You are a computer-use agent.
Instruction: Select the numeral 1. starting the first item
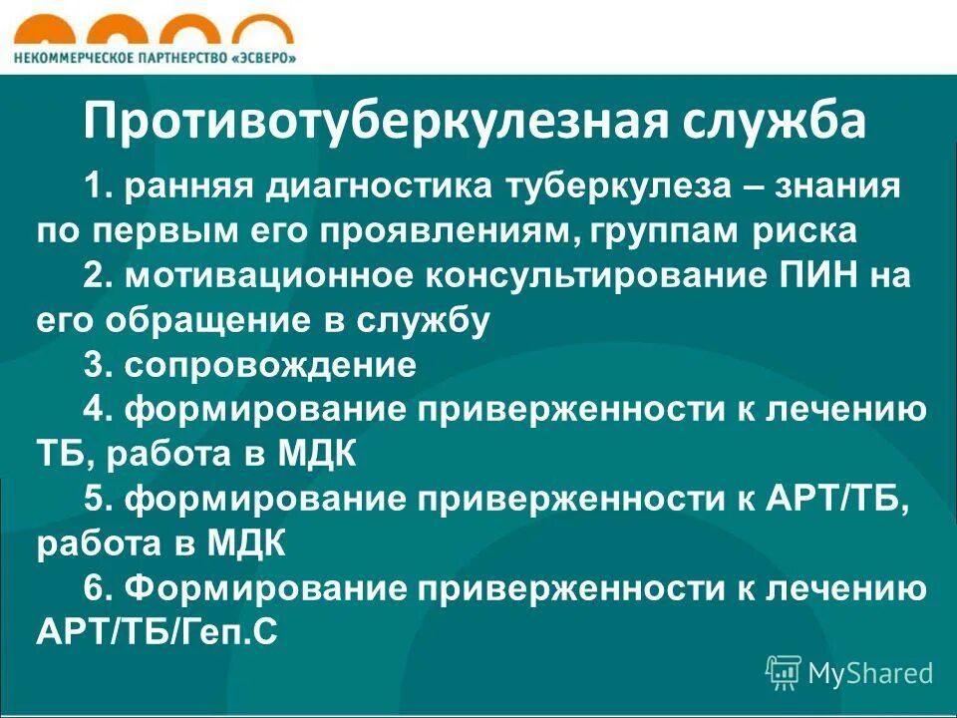pos(98,186)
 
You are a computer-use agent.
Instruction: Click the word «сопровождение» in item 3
pos(270,366)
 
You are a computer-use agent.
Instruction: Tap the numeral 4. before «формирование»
pos(99,411)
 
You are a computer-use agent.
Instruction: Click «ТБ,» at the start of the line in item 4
pos(66,456)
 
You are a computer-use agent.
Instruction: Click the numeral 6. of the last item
pos(99,589)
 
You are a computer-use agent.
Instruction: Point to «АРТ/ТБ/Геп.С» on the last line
pos(158,634)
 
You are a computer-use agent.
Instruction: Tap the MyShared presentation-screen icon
pos(784,673)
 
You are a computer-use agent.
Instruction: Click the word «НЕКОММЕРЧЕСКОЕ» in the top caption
pos(71,58)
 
